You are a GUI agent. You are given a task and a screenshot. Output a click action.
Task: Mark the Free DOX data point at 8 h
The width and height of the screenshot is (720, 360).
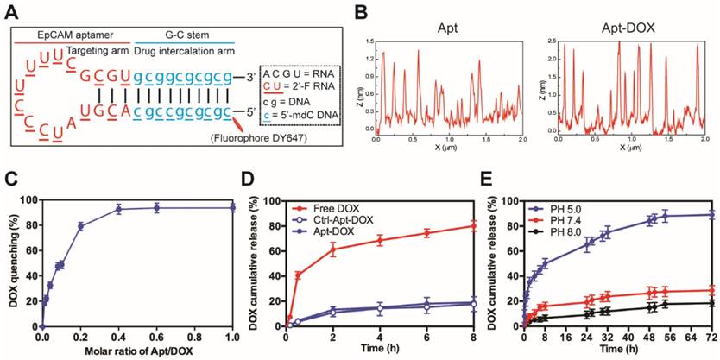pos(474,226)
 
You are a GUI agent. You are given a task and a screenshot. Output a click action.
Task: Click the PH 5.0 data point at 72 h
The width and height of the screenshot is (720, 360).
pos(711,214)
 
